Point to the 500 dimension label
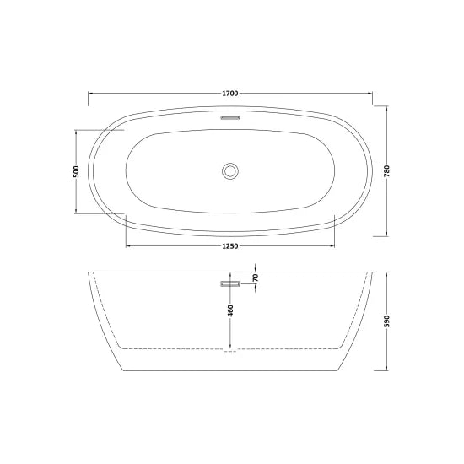tap(77, 171)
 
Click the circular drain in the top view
tap(229, 170)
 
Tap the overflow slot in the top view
tap(230, 120)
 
